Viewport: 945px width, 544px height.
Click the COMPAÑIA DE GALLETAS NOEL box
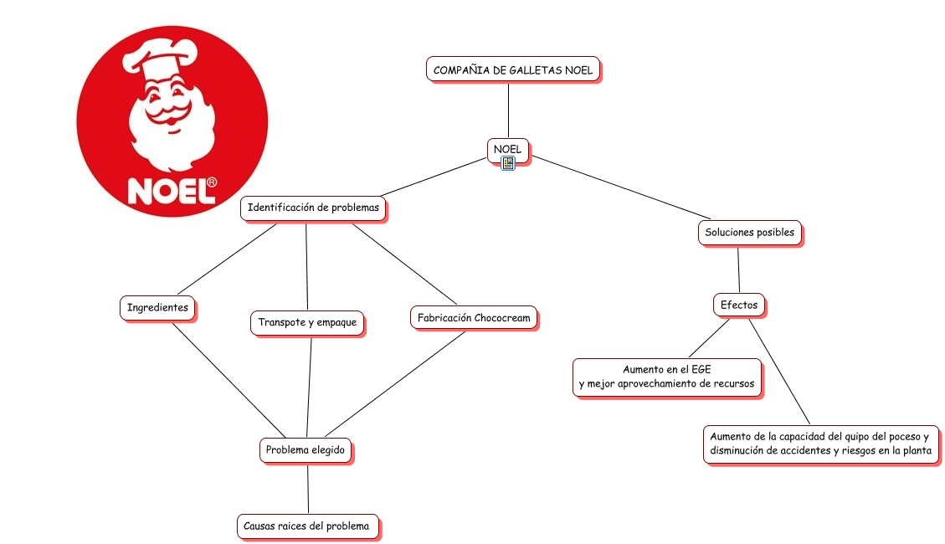click(513, 69)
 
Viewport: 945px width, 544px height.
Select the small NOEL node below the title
click(508, 149)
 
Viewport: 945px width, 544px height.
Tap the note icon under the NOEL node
click(508, 163)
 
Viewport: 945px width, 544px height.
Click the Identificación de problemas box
click(313, 208)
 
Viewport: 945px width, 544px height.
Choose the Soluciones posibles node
click(749, 232)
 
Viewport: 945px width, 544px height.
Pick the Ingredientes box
click(157, 308)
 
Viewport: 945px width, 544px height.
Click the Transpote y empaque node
click(307, 322)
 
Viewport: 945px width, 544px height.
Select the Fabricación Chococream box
click(474, 318)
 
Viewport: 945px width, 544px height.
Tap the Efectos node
click(739, 305)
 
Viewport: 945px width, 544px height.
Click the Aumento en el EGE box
click(667, 377)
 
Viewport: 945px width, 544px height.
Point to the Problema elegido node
click(306, 450)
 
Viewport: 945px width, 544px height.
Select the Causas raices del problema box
click(306, 526)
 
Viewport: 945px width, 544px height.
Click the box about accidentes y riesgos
click(819, 444)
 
